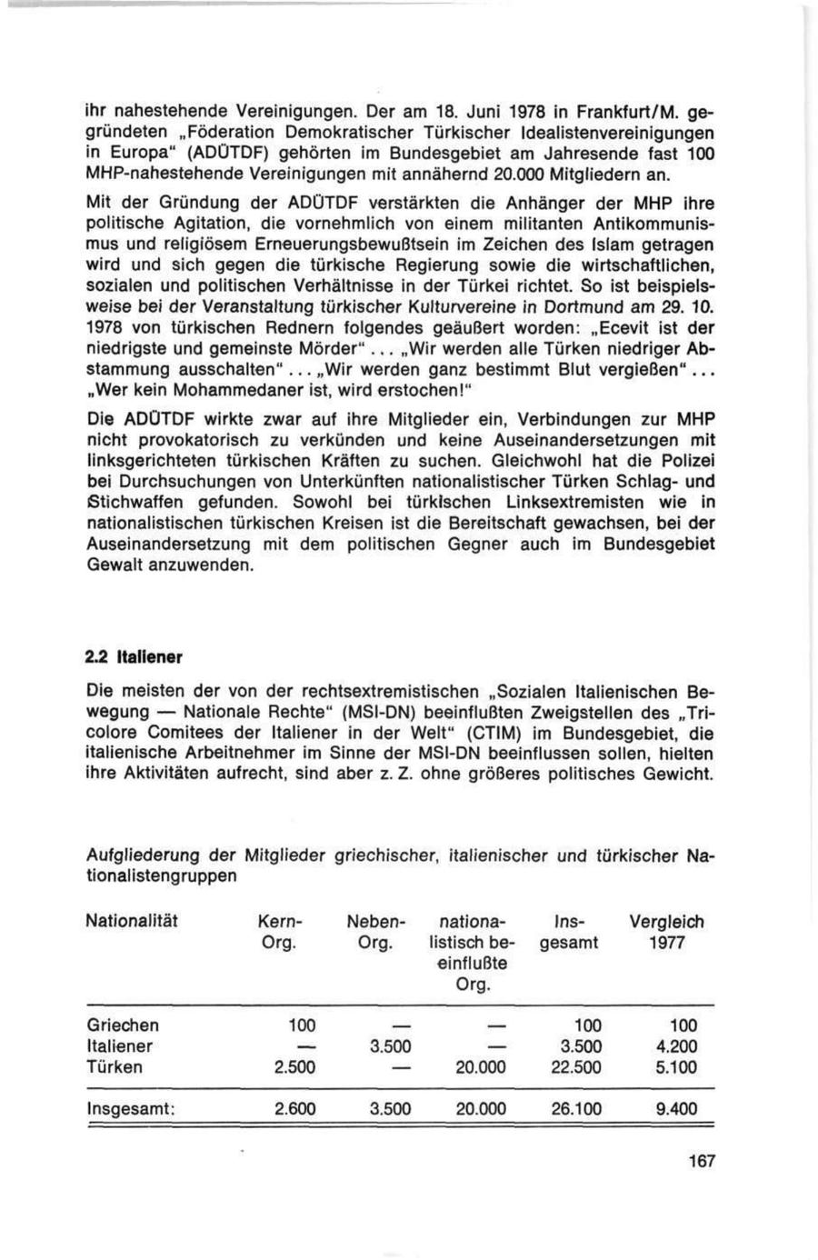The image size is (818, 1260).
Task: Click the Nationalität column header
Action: point(132,922)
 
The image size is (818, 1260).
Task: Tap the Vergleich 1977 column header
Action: point(666,932)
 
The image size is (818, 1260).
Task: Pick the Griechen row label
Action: point(122,1025)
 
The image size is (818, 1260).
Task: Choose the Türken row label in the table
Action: point(114,1067)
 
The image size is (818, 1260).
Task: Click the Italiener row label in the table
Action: point(120,1046)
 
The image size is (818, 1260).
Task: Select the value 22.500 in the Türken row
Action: point(576,1067)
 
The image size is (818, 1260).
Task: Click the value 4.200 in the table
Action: point(676,1046)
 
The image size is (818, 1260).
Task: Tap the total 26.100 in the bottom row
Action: point(576,1109)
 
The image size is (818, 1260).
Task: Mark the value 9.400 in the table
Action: point(676,1109)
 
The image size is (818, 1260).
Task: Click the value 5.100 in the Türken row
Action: point(676,1067)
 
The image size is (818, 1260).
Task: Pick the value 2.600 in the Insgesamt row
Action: point(294,1109)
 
